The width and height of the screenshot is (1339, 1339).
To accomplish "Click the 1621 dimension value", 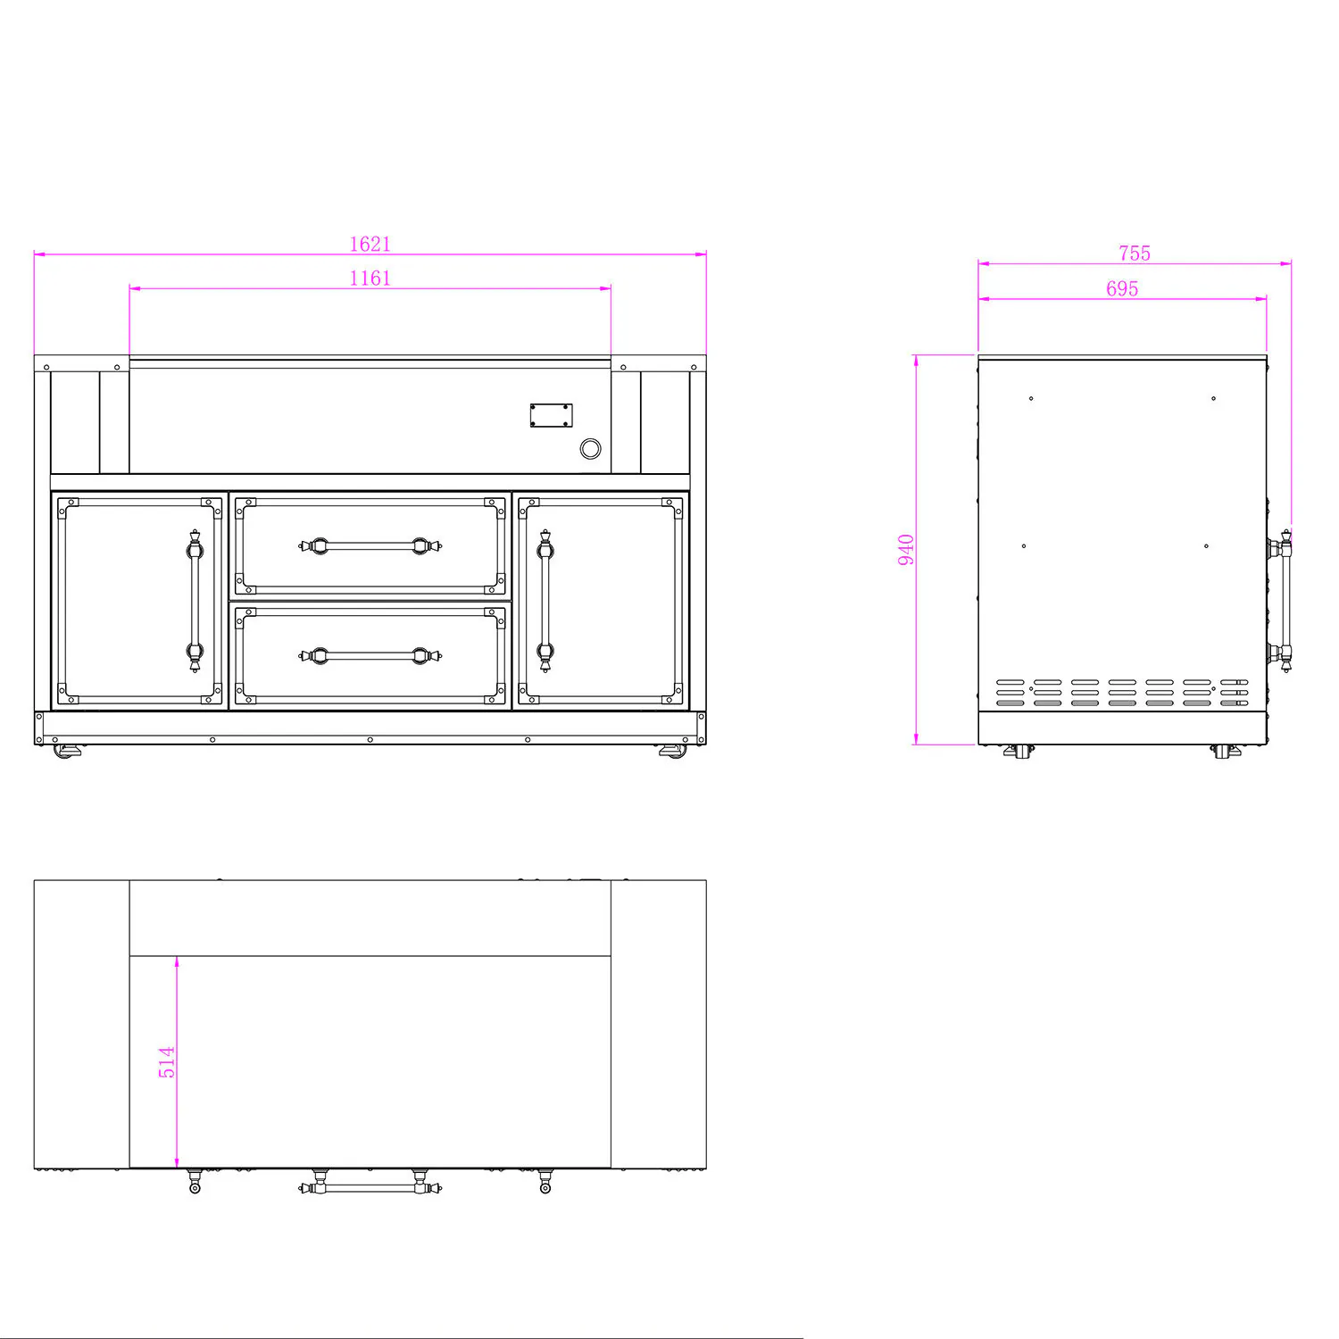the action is point(370,244).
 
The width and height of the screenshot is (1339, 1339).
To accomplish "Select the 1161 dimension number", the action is point(370,278).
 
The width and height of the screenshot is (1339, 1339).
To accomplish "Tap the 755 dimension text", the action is point(1135,254).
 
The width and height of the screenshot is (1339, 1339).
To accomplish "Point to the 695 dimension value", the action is point(1122,288).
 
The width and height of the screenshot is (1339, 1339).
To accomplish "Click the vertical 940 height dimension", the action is point(906,549).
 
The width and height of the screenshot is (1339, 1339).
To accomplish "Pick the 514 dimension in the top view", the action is point(167,1062).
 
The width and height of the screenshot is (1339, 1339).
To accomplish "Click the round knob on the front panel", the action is point(590,448).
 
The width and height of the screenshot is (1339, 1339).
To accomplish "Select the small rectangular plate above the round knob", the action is point(551,415).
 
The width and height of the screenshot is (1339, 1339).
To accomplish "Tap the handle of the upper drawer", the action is point(370,545).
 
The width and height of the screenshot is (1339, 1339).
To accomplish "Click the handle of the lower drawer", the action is point(370,656).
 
